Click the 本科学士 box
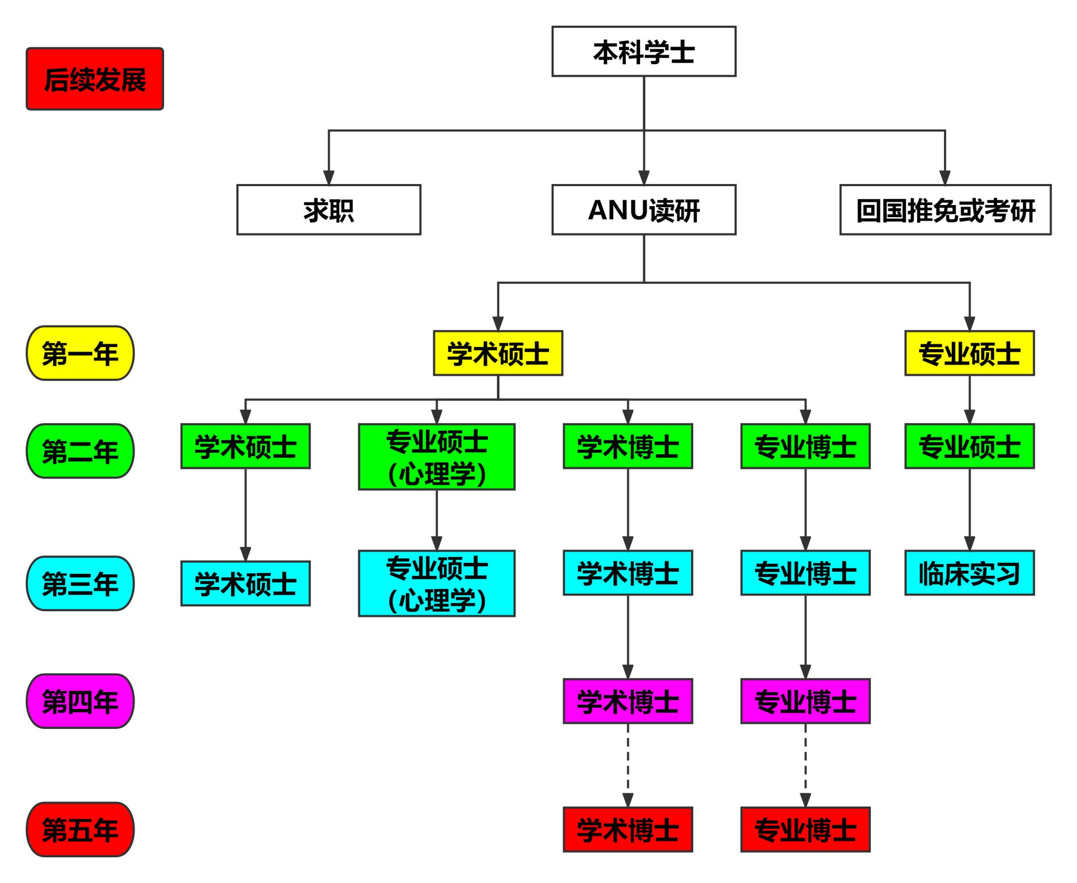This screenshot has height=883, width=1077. coord(643,52)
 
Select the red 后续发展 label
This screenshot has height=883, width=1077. coord(95,79)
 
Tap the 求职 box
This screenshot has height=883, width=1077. coord(329,210)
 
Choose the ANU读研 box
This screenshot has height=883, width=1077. coord(643,210)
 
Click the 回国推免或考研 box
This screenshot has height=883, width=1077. coord(945,210)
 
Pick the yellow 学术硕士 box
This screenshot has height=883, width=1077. coord(497,353)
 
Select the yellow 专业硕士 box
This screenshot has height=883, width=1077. coord(969,353)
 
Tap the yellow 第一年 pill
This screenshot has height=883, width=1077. coord(80,353)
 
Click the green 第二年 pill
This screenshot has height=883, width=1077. coord(80,451)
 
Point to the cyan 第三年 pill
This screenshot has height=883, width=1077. coord(80,583)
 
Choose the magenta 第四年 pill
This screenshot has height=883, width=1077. coord(80,701)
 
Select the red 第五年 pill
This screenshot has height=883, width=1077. coord(80,829)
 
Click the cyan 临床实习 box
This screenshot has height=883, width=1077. coord(969,573)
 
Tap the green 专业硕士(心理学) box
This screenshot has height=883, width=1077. coord(436,456)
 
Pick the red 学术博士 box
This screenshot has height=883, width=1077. coord(627,829)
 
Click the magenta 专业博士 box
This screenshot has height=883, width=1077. coord(805,701)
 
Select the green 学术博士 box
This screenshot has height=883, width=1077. coord(627,446)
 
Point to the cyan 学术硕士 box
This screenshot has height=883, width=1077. coord(245,583)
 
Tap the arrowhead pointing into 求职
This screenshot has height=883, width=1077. coord(329,178)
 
